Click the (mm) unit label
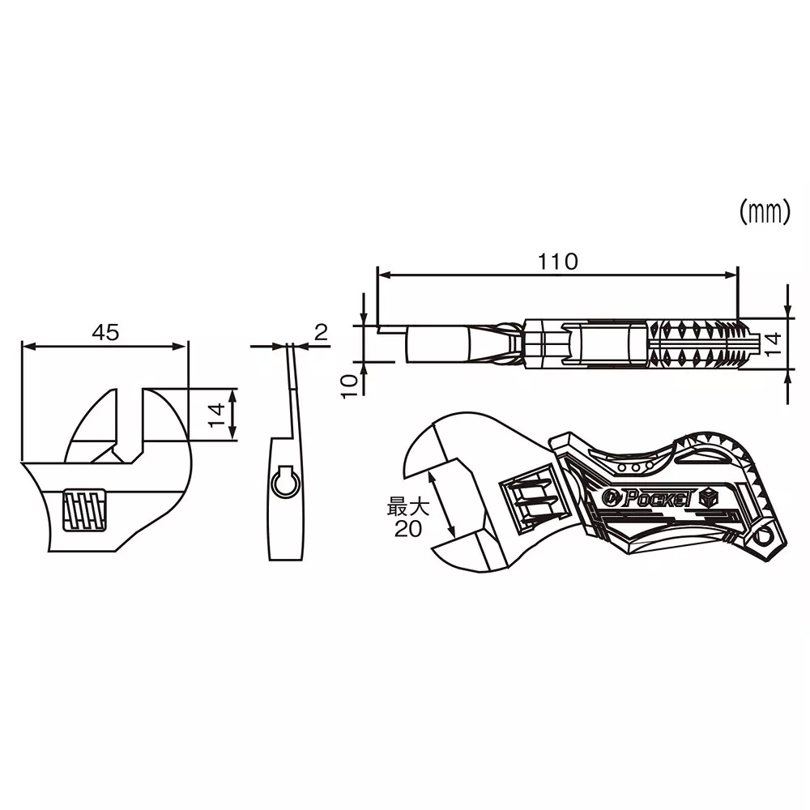764,212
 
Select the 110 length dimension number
558,262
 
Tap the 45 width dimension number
105,332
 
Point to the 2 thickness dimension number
320,331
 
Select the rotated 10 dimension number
349,386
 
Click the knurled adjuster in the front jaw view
85,509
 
